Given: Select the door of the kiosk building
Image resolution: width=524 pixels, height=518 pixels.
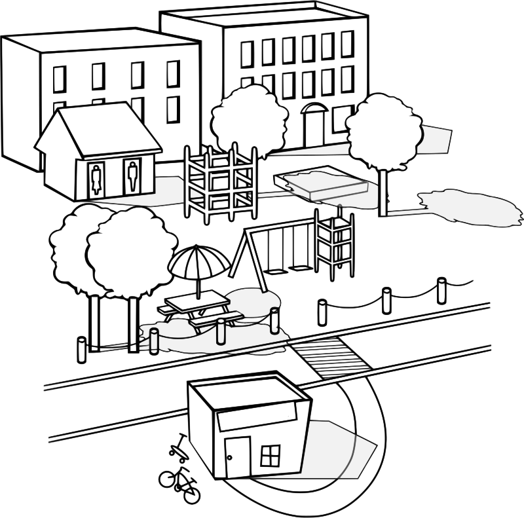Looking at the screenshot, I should [x=236, y=456].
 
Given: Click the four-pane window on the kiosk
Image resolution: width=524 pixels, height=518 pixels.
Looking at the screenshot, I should [x=270, y=453].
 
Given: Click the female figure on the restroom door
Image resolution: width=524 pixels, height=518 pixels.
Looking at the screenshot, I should [x=97, y=177].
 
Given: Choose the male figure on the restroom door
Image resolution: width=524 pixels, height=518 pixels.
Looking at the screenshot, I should [x=132, y=175].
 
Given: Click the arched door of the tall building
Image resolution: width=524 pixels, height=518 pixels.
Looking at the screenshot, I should [x=312, y=124].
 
